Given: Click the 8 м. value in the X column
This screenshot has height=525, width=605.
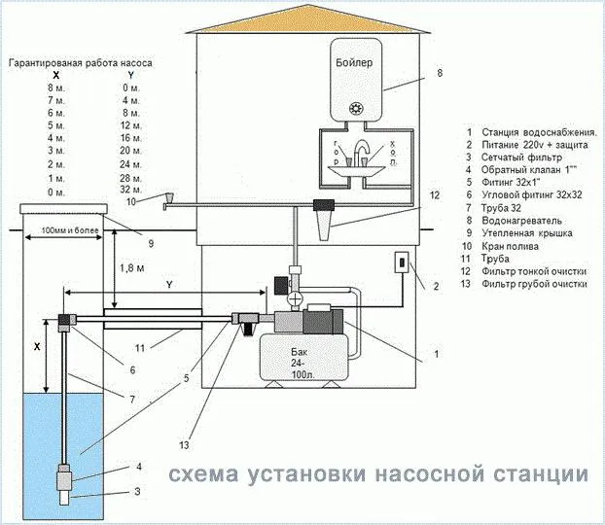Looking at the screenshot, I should point(55,87).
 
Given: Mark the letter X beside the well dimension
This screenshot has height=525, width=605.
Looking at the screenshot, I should point(36,346).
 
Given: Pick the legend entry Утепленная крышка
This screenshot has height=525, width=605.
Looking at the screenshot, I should point(529,233).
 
